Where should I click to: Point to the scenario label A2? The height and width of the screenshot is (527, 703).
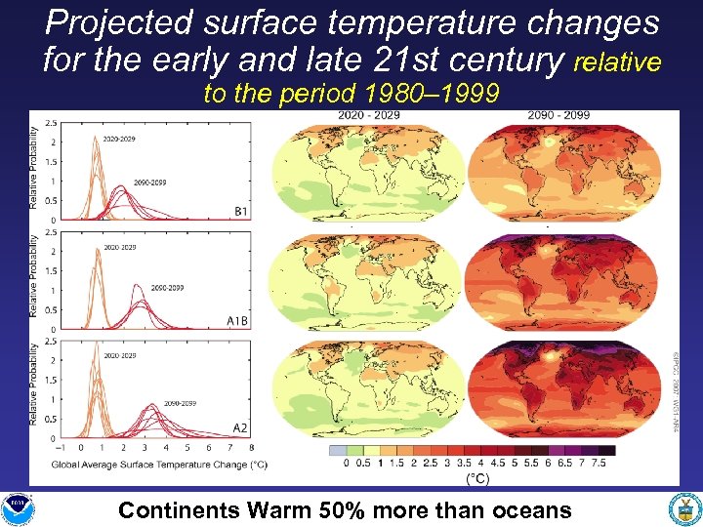(240, 427)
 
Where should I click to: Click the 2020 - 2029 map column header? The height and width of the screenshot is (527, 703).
(368, 116)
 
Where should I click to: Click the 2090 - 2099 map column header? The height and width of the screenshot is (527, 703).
(558, 116)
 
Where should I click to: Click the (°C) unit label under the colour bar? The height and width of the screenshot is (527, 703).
(477, 478)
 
